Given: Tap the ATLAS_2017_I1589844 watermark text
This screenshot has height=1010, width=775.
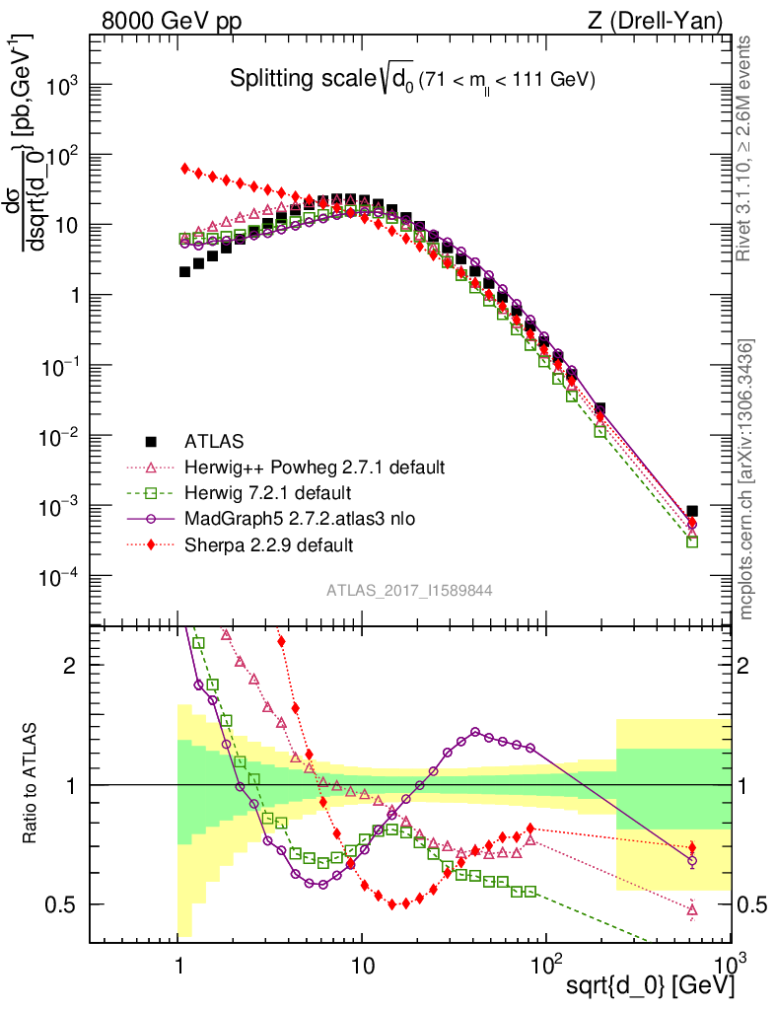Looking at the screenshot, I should click(x=409, y=590).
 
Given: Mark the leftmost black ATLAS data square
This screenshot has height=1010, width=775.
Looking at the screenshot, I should click(x=184, y=271).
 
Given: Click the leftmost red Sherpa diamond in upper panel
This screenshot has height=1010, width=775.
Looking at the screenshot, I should click(x=185, y=169).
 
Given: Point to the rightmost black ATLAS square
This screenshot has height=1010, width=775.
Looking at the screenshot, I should click(x=692, y=511).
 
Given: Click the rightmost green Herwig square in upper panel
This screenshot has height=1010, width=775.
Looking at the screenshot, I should click(x=692, y=541).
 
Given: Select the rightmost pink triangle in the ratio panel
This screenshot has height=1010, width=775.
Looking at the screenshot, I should click(x=692, y=909).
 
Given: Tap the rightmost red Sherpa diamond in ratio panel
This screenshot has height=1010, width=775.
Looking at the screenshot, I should click(x=692, y=847).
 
